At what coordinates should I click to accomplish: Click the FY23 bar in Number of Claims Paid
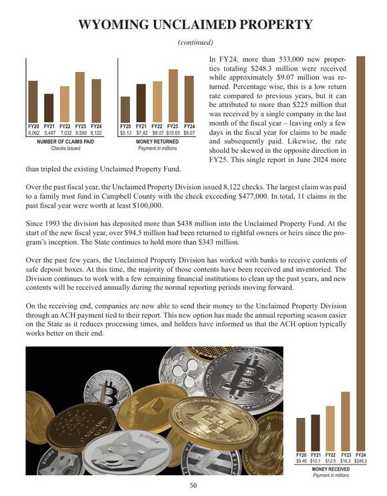[80, 97]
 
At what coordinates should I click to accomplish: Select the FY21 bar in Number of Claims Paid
[49, 107]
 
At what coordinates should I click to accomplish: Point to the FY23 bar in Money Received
[346, 421]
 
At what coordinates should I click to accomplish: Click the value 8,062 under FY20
[33, 134]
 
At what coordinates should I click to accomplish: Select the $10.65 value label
[173, 134]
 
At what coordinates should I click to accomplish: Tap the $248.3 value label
[361, 461]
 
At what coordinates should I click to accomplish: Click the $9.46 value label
[301, 461]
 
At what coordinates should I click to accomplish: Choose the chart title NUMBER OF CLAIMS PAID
[65, 142]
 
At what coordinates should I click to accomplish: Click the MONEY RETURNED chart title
[157, 142]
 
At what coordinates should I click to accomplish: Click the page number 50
[193, 485]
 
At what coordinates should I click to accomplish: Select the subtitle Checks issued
[65, 148]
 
